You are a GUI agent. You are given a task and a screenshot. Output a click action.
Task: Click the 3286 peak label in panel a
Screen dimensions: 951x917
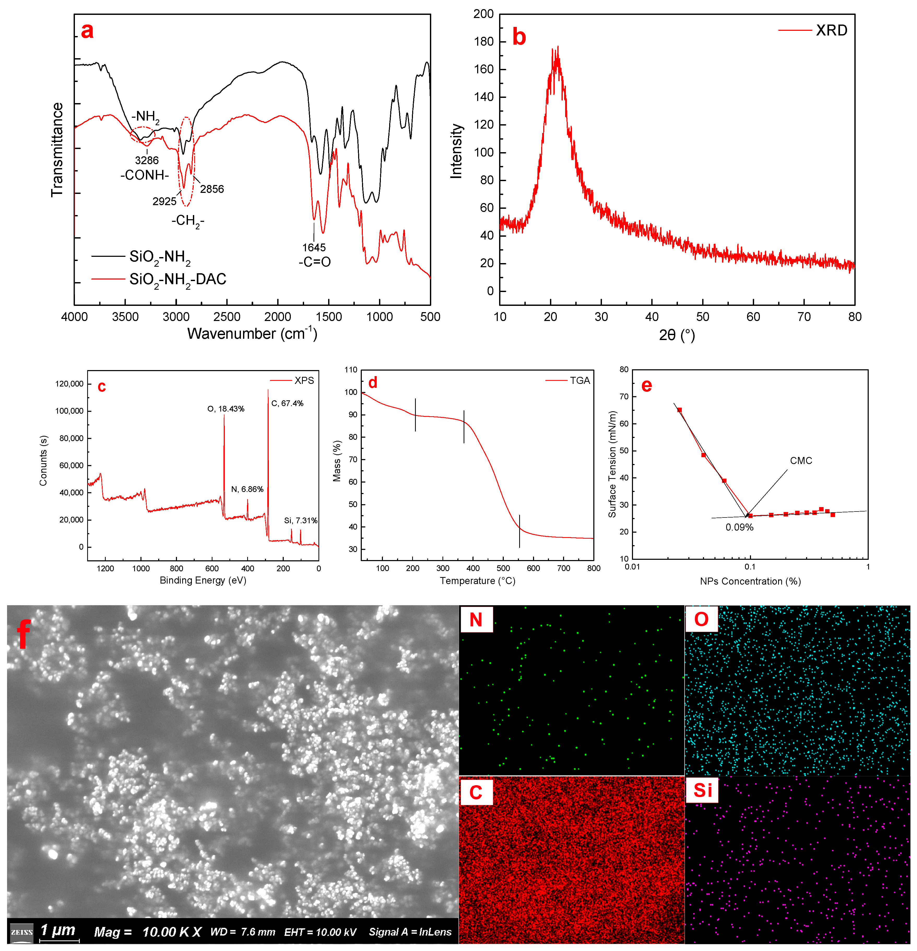[146, 161]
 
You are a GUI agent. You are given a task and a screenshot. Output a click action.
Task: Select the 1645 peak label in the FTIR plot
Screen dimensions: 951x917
[314, 247]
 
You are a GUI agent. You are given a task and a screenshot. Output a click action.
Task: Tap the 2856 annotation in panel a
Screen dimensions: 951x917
[212, 189]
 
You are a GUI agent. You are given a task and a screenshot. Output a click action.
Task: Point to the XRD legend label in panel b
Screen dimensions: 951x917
[831, 30]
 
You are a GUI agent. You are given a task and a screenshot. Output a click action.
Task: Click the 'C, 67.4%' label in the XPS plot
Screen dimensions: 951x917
[287, 403]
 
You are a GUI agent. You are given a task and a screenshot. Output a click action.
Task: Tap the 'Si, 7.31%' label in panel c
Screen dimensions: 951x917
[301, 521]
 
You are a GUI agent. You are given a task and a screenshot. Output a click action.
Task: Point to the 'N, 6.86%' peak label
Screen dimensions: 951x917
[247, 489]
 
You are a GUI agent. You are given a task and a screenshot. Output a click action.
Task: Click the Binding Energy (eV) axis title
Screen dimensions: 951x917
[203, 580]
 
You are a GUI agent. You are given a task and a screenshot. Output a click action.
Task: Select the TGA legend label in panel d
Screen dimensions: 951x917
[580, 381]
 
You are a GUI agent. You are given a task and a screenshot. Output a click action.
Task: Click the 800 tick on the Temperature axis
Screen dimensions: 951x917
[593, 568]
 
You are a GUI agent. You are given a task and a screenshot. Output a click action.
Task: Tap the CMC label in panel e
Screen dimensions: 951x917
[801, 460]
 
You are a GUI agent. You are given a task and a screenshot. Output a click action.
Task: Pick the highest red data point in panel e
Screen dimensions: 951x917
[679, 410]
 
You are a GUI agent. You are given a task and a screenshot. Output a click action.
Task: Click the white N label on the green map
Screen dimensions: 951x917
[476, 620]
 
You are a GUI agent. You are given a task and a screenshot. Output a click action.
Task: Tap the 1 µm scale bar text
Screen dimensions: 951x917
[58, 930]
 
